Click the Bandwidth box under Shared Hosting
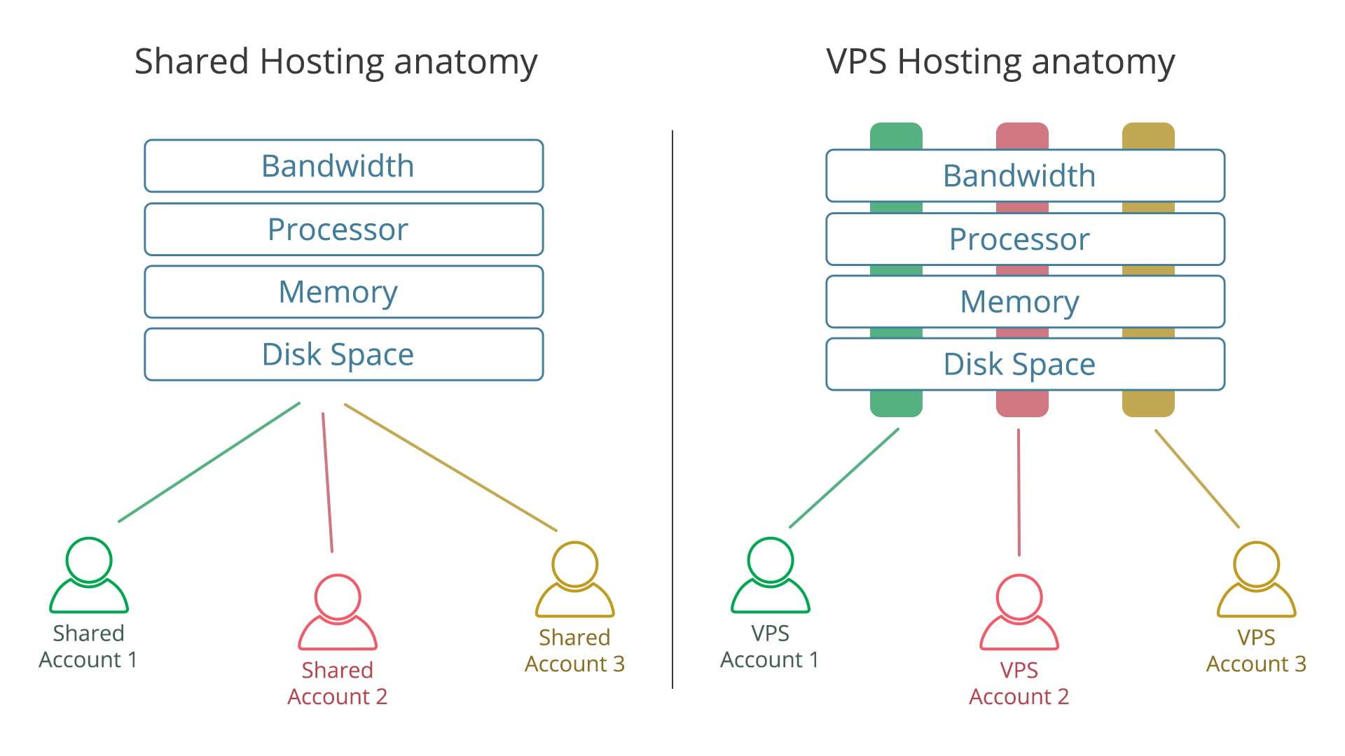(x=344, y=166)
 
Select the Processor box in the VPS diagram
(x=1026, y=239)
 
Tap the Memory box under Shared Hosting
(x=344, y=292)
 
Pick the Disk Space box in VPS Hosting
(x=1026, y=364)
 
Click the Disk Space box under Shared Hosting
(x=344, y=354)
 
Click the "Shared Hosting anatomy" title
(x=336, y=62)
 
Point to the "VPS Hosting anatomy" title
(x=1000, y=62)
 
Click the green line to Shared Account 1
(x=209, y=462)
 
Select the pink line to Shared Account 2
(x=327, y=482)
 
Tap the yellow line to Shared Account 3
(x=450, y=467)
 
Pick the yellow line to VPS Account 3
(x=1197, y=479)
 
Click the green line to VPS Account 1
(x=844, y=477)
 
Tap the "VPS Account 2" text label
(x=1019, y=683)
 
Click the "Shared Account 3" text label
(x=575, y=650)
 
